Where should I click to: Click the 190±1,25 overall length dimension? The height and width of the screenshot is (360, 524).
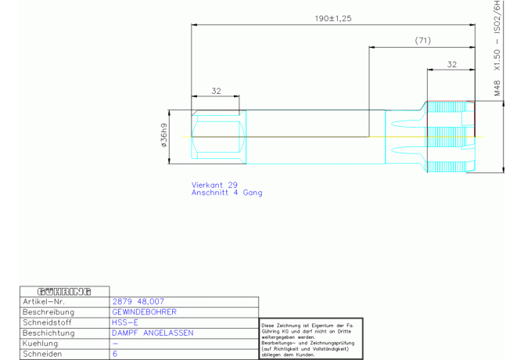[x=333, y=18]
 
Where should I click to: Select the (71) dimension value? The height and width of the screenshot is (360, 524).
[x=423, y=41]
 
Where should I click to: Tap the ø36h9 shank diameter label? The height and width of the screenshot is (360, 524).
[x=163, y=135]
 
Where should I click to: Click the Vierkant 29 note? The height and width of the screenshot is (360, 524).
[x=214, y=185]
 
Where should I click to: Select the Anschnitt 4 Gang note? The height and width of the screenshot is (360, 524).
[x=227, y=193]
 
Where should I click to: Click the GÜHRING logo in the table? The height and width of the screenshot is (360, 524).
[x=64, y=292]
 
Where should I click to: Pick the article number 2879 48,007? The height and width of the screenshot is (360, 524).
[x=138, y=301]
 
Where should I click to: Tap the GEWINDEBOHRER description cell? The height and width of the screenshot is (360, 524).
[x=144, y=311]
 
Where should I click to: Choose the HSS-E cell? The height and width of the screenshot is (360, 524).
[x=124, y=322]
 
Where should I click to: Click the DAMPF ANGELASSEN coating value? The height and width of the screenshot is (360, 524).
[x=153, y=333]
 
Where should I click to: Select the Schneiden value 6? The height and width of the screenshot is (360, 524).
[x=115, y=354]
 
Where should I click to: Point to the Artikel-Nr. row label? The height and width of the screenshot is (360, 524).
[x=44, y=301]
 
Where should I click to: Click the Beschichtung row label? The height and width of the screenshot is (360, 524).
[x=48, y=333]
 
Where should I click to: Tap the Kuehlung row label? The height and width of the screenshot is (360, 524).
[x=40, y=344]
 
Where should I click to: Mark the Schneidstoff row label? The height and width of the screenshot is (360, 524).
[x=47, y=322]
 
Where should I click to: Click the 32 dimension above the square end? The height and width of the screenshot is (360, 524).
[x=216, y=91]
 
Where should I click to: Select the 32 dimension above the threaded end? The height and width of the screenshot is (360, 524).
[x=452, y=64]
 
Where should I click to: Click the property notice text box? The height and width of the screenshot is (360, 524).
[x=311, y=339]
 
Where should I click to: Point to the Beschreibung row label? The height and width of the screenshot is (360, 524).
[x=48, y=312]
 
